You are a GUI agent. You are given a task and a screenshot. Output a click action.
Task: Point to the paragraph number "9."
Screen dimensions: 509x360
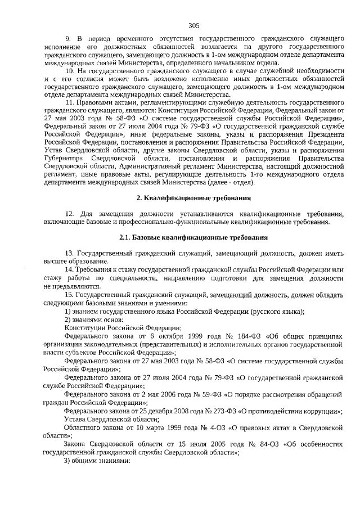[69, 38]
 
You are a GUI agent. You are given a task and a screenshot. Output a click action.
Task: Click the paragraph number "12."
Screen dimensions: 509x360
[70, 214]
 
